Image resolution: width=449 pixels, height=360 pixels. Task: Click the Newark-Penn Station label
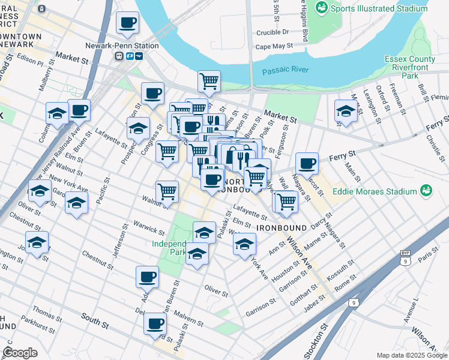pos(130,46)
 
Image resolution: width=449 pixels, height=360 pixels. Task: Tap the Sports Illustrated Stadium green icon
pos(322,8)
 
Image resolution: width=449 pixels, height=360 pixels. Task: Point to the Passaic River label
pos(285,70)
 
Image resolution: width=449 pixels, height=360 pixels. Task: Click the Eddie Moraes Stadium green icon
pos(426,191)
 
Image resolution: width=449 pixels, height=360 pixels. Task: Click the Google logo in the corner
pos(20,353)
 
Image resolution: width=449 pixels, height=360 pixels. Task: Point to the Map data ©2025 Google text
pos(411,355)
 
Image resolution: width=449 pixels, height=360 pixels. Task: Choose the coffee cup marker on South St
pos(155,325)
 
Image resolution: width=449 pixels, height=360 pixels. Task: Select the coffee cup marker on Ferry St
pos(307,163)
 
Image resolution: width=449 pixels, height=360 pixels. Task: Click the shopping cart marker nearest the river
pos(208,81)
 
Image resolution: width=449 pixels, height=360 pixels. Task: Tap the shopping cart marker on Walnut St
pos(167,191)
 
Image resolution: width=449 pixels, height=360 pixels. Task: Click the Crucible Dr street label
pos(272,32)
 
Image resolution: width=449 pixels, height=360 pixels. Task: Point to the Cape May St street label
pos(274,46)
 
